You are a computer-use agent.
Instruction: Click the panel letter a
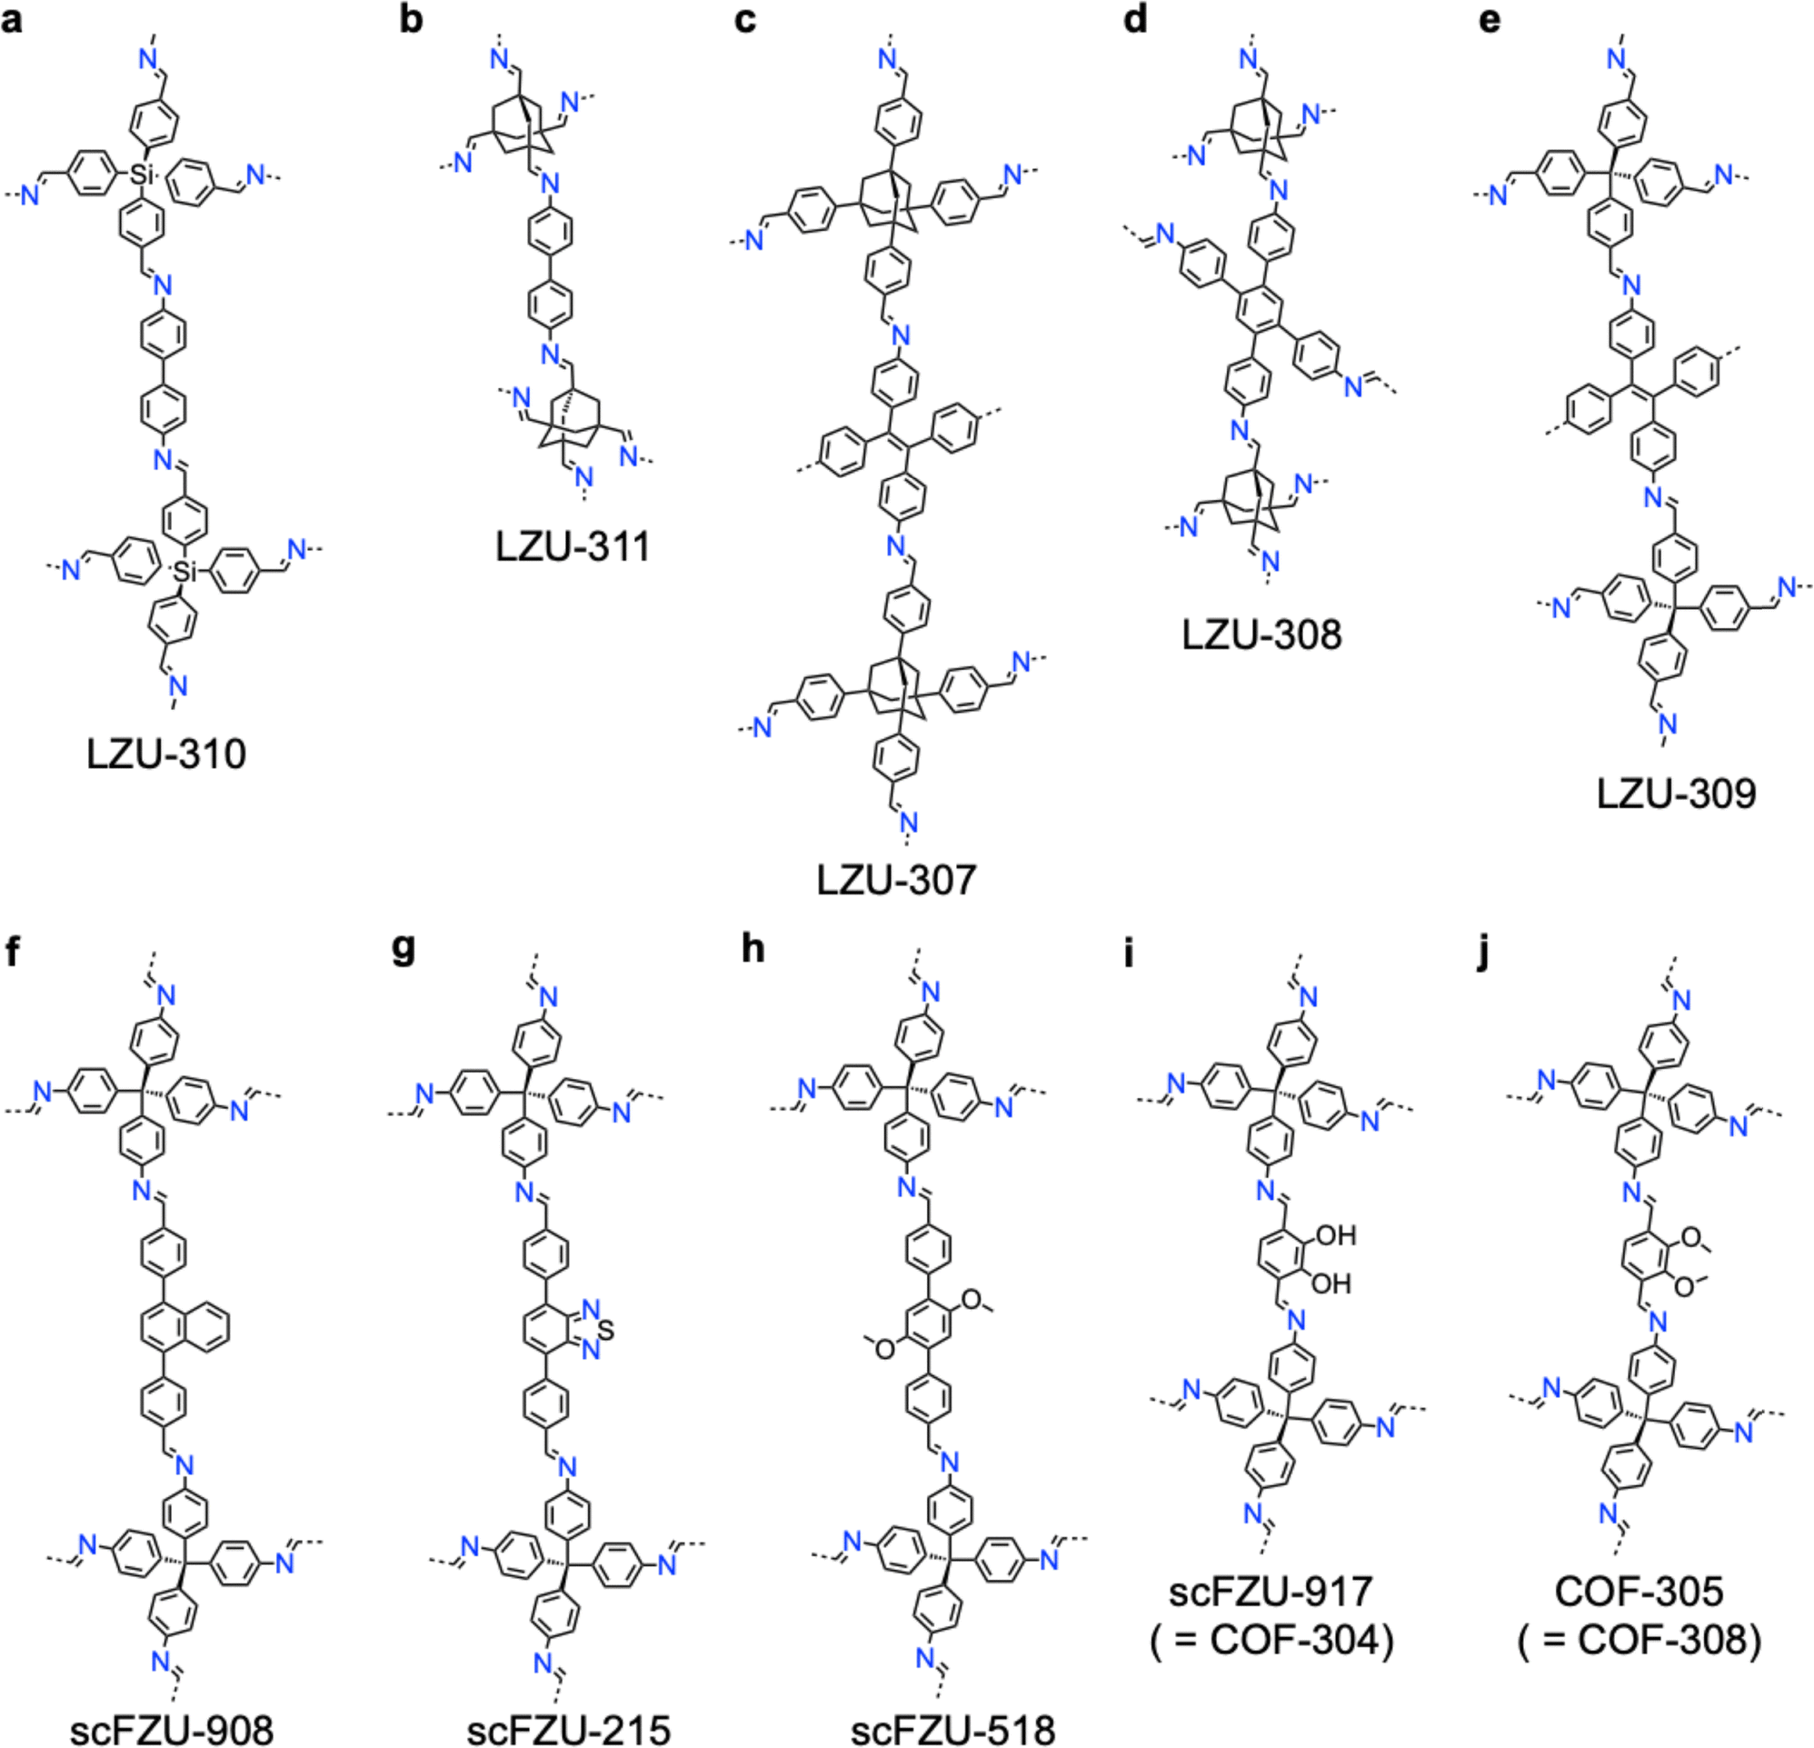[12, 20]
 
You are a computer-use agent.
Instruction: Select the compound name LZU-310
[166, 754]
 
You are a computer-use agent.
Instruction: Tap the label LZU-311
[572, 546]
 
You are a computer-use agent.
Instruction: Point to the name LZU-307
[896, 880]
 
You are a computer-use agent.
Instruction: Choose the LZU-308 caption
[1261, 634]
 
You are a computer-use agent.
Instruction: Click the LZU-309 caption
[1676, 794]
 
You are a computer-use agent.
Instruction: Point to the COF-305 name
[1640, 1617]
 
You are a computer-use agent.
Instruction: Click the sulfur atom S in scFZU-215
[606, 1330]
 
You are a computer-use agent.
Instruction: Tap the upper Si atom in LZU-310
[141, 173]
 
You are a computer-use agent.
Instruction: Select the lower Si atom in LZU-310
[187, 573]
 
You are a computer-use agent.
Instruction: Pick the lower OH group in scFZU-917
[1331, 1284]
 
